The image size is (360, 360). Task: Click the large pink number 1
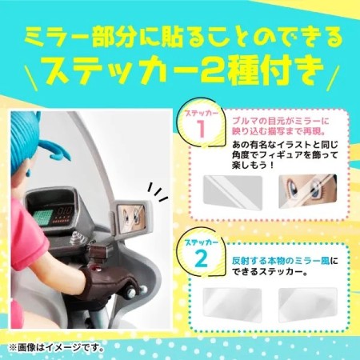(202, 129)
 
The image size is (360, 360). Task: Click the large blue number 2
(201, 258)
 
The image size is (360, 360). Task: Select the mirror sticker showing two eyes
(308, 191)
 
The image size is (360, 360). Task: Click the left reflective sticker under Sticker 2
(233, 306)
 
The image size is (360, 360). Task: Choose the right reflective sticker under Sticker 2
(308, 306)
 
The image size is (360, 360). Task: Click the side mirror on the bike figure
(131, 216)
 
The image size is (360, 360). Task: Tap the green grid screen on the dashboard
(42, 216)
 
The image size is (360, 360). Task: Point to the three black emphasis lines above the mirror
(158, 192)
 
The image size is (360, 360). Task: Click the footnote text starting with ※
(56, 347)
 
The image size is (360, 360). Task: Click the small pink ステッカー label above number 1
(202, 114)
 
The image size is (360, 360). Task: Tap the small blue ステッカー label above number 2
(202, 242)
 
